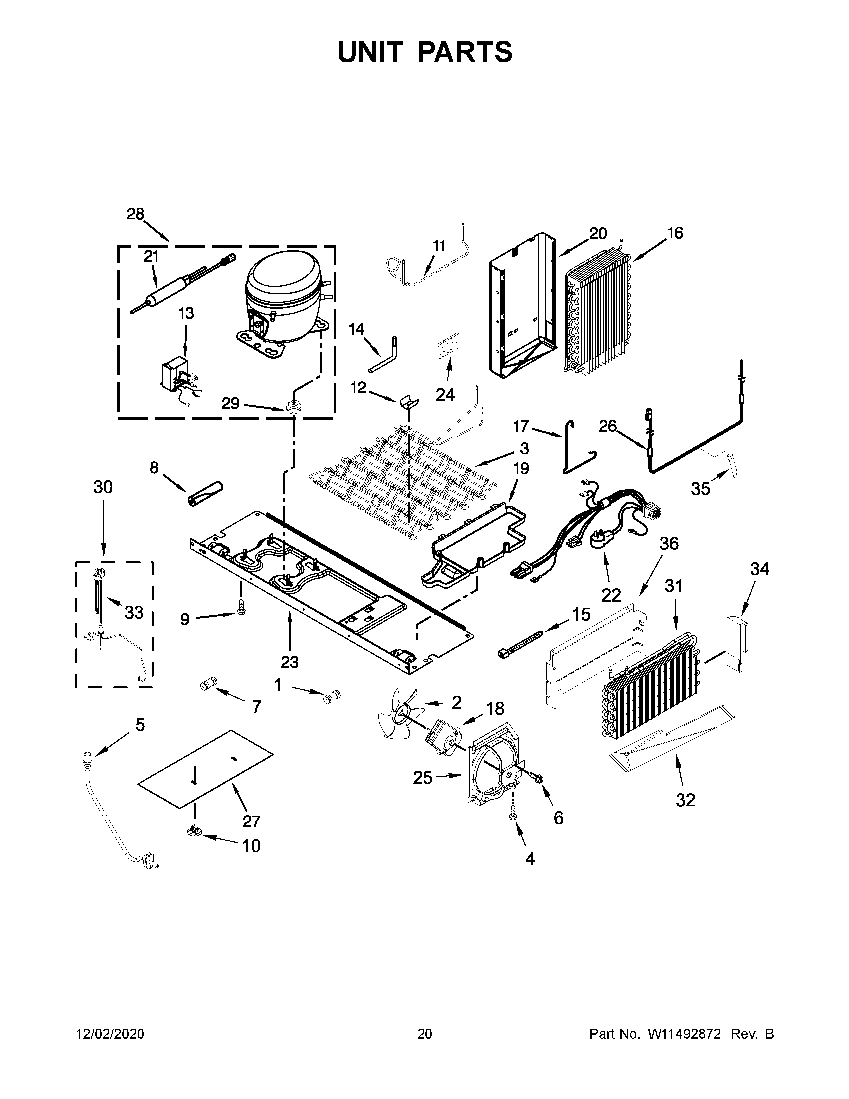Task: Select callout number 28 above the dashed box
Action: click(x=135, y=214)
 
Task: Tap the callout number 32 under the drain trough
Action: click(x=685, y=800)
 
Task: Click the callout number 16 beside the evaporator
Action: click(x=675, y=233)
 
